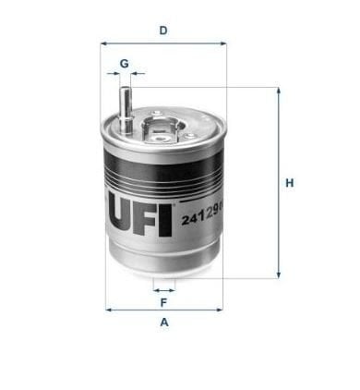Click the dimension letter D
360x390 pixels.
pyautogui.click(x=163, y=30)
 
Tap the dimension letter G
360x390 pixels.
pyautogui.click(x=124, y=64)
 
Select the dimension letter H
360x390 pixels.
pyautogui.click(x=290, y=183)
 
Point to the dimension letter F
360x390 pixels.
pyautogui.click(x=163, y=302)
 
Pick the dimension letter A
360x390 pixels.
pyautogui.click(x=164, y=323)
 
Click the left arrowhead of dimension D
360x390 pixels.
pyautogui.click(x=103, y=44)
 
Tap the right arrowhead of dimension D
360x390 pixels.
pyautogui.click(x=223, y=44)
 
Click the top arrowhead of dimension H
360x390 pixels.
pyautogui.click(x=279, y=91)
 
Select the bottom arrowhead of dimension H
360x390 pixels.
pyautogui.click(x=279, y=275)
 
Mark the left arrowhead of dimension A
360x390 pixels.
pyautogui.click(x=108, y=310)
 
